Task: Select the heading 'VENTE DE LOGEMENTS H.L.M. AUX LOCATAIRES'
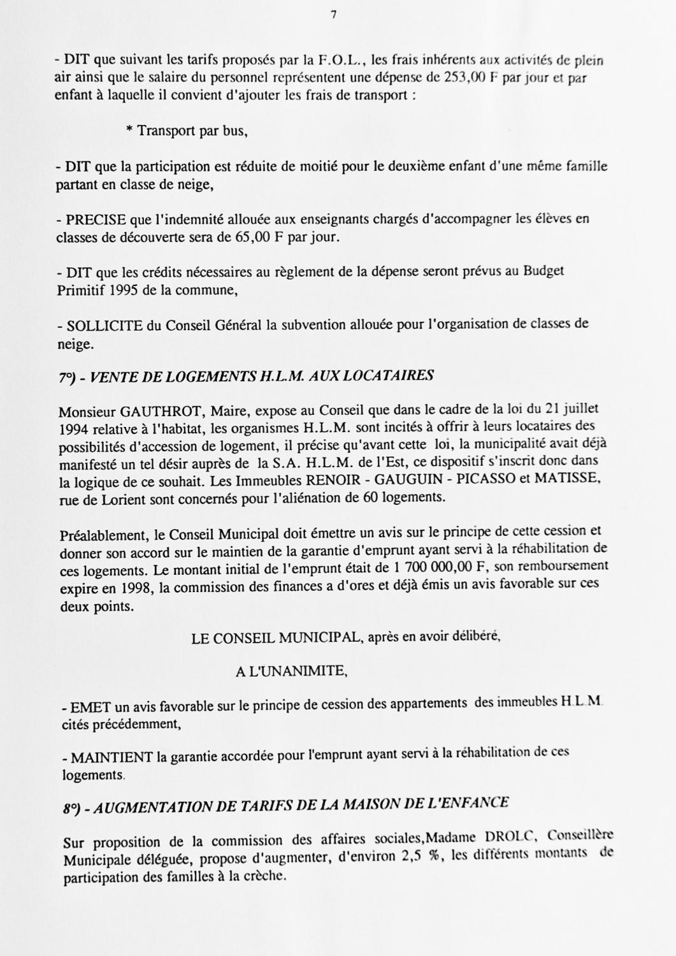(x=262, y=376)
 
